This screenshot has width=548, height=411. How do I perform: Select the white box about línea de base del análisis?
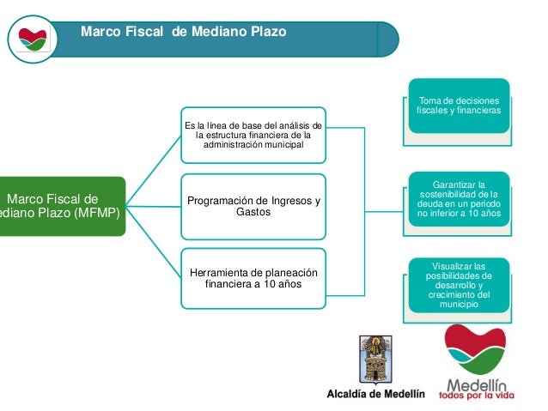pyautogui.click(x=253, y=135)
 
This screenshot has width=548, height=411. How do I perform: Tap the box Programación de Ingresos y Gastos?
pyautogui.click(x=253, y=206)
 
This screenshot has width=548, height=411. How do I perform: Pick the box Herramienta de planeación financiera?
pyautogui.click(x=253, y=277)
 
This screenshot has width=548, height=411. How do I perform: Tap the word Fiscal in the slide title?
pyautogui.click(x=143, y=32)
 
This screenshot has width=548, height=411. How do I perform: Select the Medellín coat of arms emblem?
pyautogui.click(x=375, y=360)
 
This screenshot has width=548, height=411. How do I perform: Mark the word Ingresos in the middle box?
pyautogui.click(x=280, y=201)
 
